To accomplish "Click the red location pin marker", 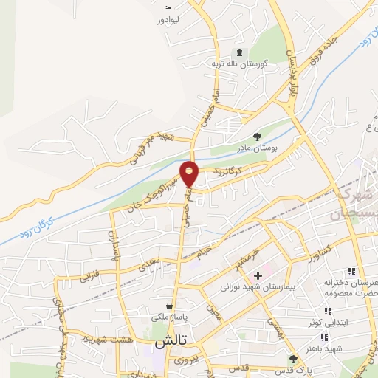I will [x=190, y=173].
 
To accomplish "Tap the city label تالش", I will [x=170, y=344].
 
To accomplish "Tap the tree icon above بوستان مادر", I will [x=257, y=136].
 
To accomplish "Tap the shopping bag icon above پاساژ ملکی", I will [x=171, y=305].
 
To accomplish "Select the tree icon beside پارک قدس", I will [x=294, y=360].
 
